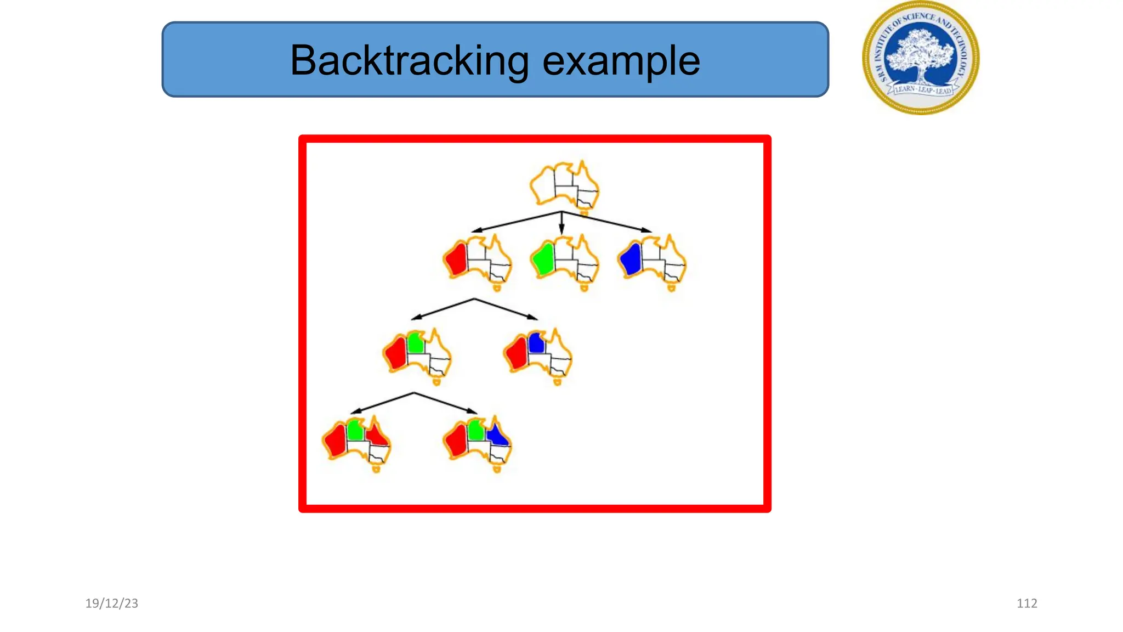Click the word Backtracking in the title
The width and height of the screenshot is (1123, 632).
tap(409, 60)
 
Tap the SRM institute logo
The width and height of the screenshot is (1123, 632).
tap(921, 57)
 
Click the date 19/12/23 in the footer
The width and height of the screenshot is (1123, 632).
tap(112, 603)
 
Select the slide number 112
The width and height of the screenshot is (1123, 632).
tap(1026, 603)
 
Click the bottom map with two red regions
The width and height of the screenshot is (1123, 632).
tap(356, 442)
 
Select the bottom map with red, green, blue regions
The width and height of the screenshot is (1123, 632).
tap(477, 442)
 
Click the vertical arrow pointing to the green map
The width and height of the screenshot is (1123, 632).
tap(561, 224)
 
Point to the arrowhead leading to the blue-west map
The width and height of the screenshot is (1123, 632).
tap(647, 230)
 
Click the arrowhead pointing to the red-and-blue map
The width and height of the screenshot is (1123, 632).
tap(532, 317)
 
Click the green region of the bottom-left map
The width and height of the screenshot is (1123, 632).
tap(355, 430)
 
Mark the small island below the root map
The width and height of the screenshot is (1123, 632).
tap(584, 212)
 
